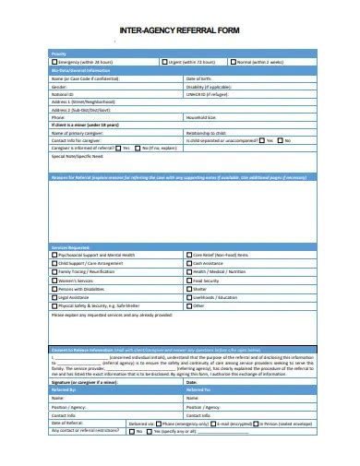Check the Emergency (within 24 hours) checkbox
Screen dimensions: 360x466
pyautogui.click(x=54, y=63)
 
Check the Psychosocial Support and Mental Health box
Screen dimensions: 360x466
pyautogui.click(x=54, y=253)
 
